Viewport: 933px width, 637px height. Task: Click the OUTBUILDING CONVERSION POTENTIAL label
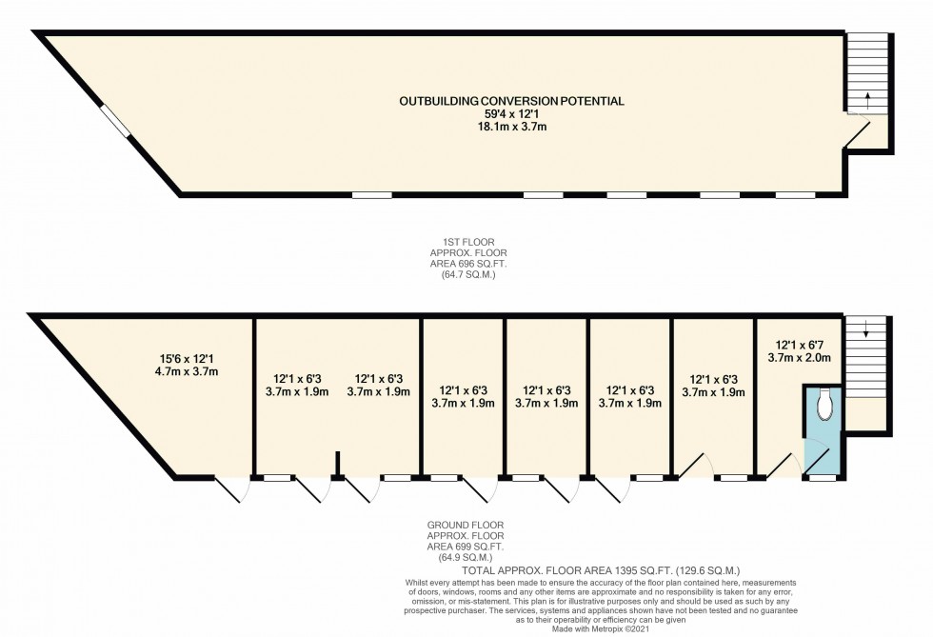pyautogui.click(x=511, y=100)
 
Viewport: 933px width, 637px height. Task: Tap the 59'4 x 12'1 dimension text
pyautogui.click(x=511, y=113)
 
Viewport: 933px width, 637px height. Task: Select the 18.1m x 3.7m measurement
pyautogui.click(x=511, y=126)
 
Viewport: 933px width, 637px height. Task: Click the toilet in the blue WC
pyautogui.click(x=824, y=404)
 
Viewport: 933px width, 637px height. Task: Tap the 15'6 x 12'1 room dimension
pyautogui.click(x=179, y=359)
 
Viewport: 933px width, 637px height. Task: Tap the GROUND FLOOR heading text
pyautogui.click(x=466, y=525)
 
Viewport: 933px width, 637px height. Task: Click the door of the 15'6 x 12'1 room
pyautogui.click(x=230, y=489)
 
